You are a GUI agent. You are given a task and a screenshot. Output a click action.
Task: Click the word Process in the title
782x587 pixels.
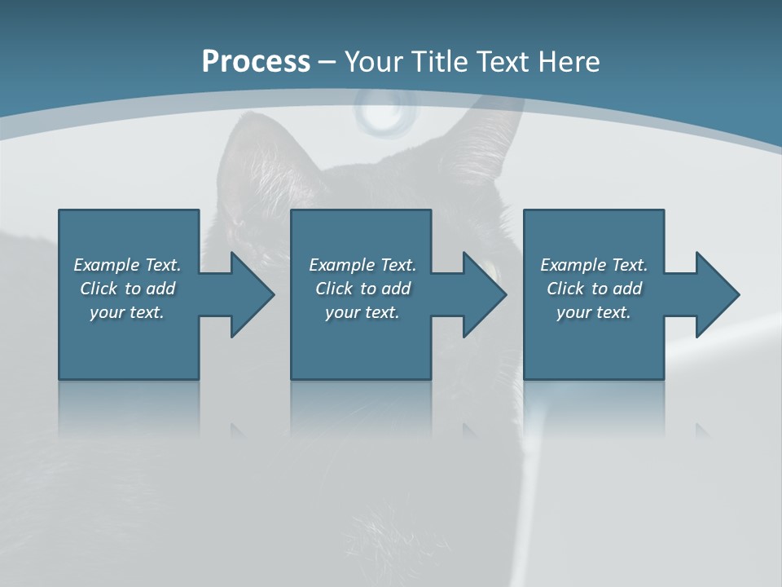tap(256, 62)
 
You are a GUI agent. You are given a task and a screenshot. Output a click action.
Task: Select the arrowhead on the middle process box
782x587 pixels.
tap(483, 294)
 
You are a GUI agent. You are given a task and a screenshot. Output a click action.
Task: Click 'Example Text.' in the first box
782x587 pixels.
tap(127, 265)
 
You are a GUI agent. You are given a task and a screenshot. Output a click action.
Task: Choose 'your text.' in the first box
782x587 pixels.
tap(127, 312)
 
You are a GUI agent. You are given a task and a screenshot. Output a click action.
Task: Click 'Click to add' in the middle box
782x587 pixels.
tap(362, 289)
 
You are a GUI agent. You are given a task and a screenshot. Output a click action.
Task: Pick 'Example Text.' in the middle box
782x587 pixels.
tap(362, 265)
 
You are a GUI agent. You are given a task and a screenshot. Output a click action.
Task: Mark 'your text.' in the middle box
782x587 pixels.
tap(362, 312)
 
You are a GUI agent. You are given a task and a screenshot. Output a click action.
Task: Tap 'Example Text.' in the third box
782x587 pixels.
tap(594, 265)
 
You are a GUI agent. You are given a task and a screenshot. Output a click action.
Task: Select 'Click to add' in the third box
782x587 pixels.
tap(594, 289)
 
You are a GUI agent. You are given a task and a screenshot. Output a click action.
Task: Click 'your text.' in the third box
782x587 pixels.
tap(594, 312)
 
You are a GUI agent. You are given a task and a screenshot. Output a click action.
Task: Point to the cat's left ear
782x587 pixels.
tap(261, 151)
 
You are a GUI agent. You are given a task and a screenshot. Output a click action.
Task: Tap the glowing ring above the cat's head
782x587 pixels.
tap(384, 113)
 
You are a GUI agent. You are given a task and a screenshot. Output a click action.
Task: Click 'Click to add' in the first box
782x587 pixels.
tap(127, 289)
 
